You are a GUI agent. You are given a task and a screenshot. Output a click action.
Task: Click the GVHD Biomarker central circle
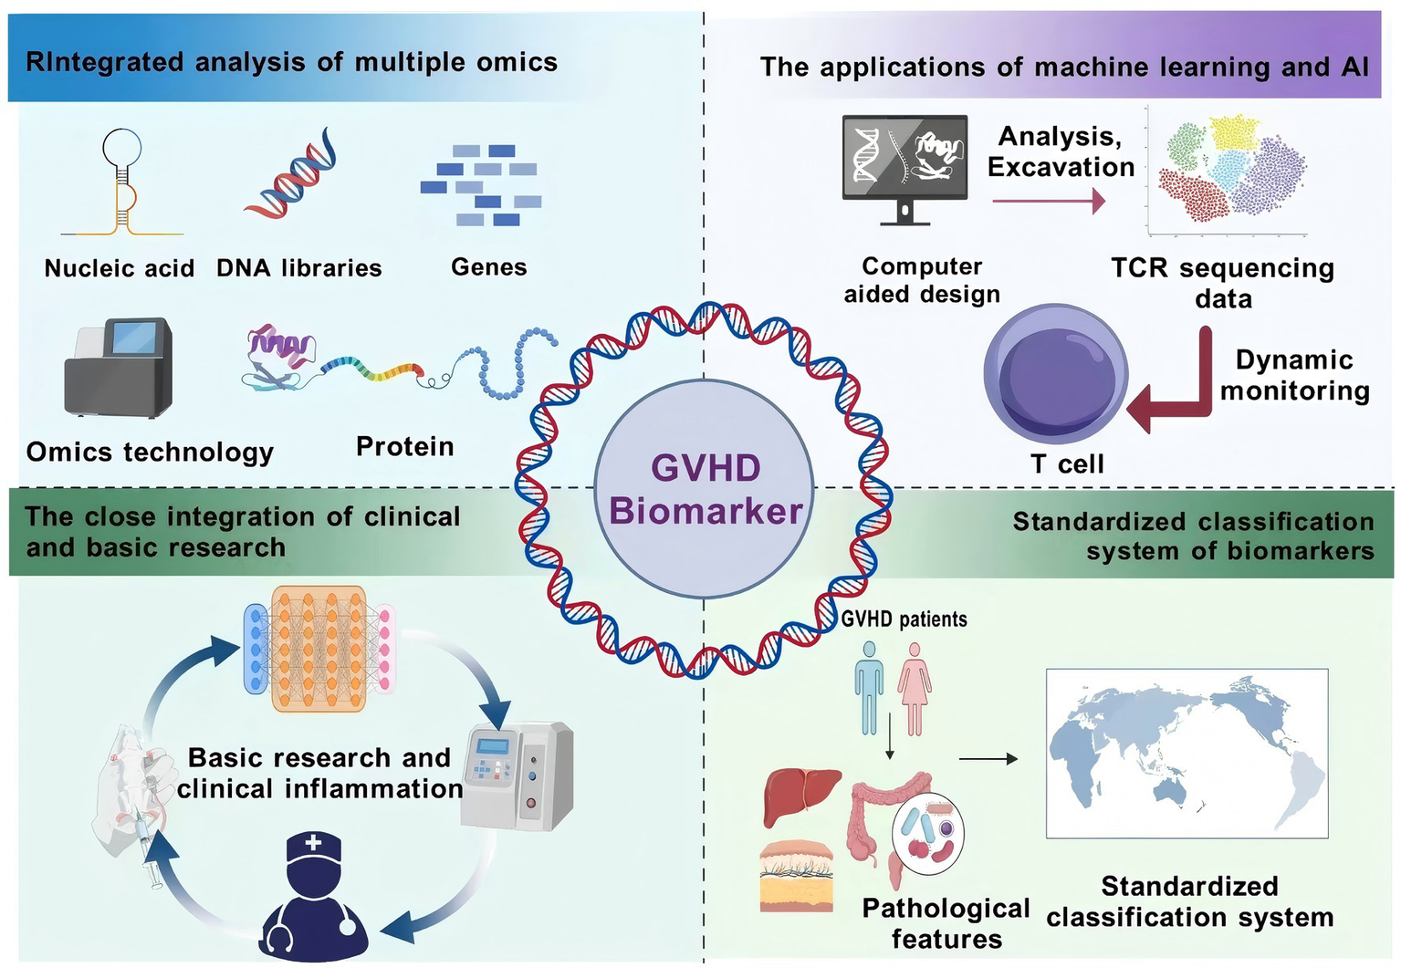tap(704, 489)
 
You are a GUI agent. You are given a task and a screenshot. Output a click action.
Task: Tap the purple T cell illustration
tap(1056, 375)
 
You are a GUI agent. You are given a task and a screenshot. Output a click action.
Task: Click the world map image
tap(1187, 754)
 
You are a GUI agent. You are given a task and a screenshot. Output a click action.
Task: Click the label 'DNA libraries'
tap(298, 268)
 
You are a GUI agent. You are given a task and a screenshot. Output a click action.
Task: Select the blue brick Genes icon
tap(482, 185)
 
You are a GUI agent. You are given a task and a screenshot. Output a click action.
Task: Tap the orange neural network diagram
tap(319, 649)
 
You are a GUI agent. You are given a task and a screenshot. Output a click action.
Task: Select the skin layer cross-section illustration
tap(797, 875)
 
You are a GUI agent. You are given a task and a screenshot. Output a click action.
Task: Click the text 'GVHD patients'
tap(904, 619)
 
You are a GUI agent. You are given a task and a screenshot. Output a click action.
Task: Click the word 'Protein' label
tap(404, 447)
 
